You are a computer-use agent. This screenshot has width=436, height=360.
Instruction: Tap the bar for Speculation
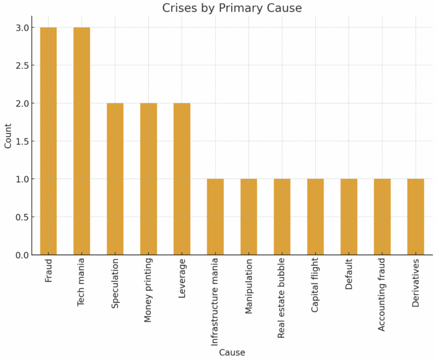pyautogui.click(x=115, y=179)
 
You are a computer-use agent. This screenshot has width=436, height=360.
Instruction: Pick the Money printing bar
pyautogui.click(x=149, y=179)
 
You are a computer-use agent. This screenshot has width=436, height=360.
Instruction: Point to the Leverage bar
pyautogui.click(x=182, y=179)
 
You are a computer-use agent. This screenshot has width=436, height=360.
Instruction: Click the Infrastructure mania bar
pyautogui.click(x=215, y=217)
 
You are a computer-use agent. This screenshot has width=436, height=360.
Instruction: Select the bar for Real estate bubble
pyautogui.click(x=282, y=217)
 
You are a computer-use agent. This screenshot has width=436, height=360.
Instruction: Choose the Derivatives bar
pyautogui.click(x=416, y=217)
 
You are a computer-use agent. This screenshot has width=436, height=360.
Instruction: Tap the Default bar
pyautogui.click(x=349, y=217)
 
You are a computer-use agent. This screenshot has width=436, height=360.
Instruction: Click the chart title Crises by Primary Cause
pyautogui.click(x=232, y=8)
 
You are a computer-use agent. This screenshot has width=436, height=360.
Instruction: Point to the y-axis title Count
pyautogui.click(x=8, y=136)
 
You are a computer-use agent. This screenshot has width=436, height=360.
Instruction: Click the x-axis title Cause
pyautogui.click(x=232, y=353)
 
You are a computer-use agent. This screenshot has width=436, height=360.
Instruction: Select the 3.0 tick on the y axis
pyautogui.click(x=23, y=27)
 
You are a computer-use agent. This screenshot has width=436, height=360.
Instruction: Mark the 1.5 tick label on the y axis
pyautogui.click(x=23, y=141)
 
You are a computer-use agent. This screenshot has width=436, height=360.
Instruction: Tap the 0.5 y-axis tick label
pyautogui.click(x=23, y=217)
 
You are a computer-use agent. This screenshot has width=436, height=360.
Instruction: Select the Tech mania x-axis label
pyautogui.click(x=82, y=283)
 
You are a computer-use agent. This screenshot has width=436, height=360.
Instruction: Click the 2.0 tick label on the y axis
pyautogui.click(x=23, y=103)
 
